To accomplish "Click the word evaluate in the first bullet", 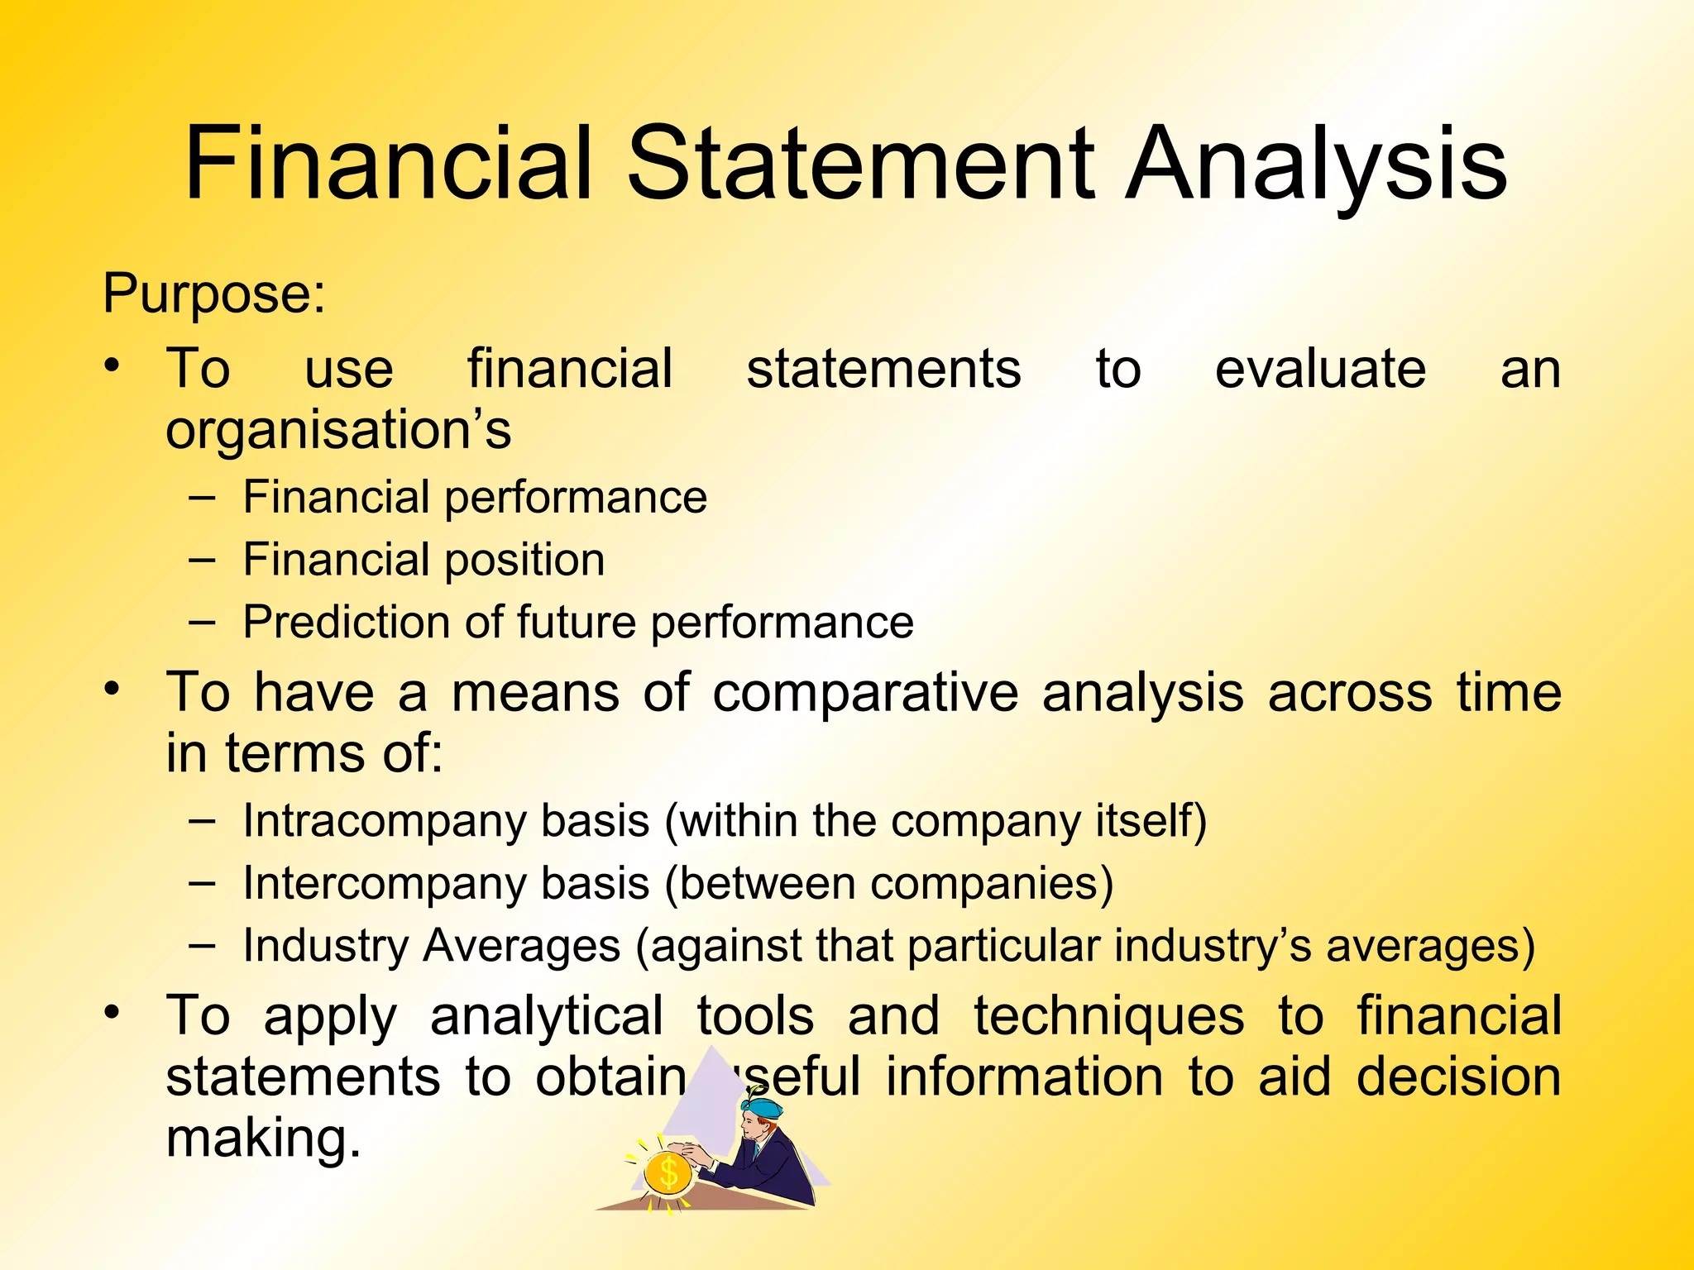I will coord(1320,369).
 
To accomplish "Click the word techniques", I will coord(1108,1017).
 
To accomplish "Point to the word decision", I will coord(1458,1078).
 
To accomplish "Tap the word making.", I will coord(263,1139).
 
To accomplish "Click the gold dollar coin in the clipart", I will coord(668,1172).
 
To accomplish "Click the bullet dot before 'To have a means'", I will coord(112,688).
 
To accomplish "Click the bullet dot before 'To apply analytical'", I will coord(112,1011).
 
